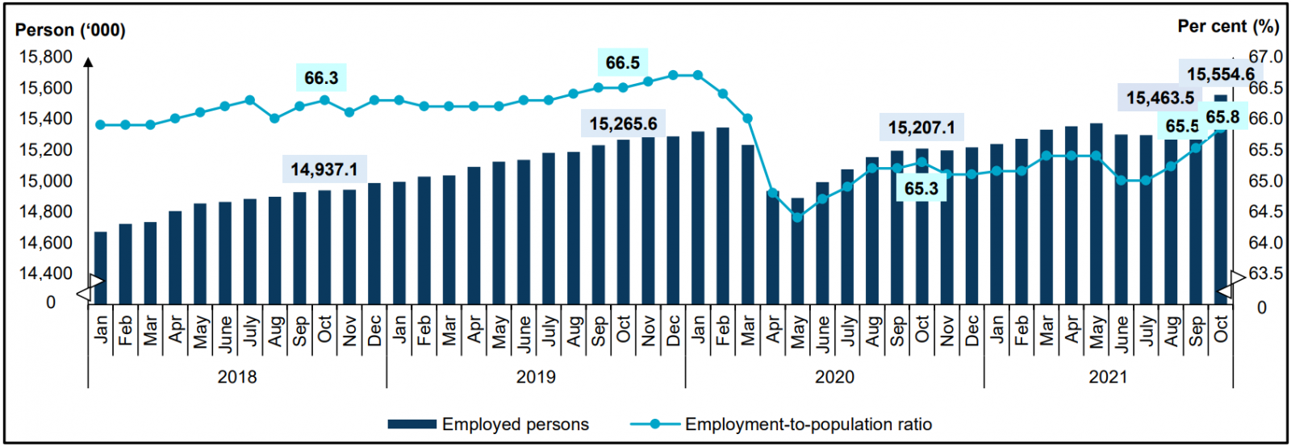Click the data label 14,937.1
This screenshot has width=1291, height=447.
tap(324, 169)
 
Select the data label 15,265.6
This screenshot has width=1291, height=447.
tap(623, 124)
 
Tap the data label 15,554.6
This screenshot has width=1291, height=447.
tap(1220, 74)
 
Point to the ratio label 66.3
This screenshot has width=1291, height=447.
tap(321, 78)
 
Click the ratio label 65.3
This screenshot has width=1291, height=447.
tap(921, 189)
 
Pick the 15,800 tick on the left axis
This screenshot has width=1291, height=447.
tap(45, 57)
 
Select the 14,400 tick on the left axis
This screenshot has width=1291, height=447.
tap(45, 274)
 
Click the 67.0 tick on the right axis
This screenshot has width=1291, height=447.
tap(1265, 57)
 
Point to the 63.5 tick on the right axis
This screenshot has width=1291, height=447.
tap(1265, 274)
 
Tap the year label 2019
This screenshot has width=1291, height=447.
tap(536, 377)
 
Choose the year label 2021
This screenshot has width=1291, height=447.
tap(1108, 377)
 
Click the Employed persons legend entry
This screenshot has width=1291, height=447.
tap(488, 424)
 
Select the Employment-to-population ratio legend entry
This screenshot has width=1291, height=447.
tap(780, 424)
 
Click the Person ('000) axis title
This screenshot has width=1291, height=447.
tap(70, 31)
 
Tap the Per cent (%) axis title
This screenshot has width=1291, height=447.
tap(1228, 27)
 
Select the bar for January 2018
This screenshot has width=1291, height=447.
tap(101, 268)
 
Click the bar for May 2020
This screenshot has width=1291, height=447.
tap(798, 251)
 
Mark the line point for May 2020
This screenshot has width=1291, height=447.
tap(798, 217)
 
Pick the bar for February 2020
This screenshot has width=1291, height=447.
tap(723, 215)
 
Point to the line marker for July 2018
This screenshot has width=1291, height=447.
tap(250, 100)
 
